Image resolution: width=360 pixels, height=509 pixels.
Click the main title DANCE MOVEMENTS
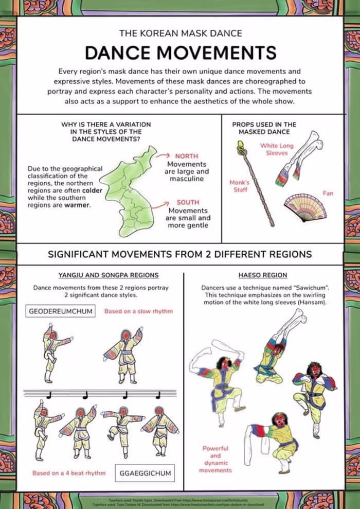click(181, 52)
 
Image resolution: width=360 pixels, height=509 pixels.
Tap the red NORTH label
click(186, 156)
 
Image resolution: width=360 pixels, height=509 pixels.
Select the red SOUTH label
click(188, 202)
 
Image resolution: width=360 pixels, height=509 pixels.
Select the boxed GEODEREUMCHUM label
click(60, 311)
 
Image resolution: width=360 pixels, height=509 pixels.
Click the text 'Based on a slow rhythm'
click(138, 311)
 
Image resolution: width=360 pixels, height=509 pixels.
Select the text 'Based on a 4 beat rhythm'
click(69, 472)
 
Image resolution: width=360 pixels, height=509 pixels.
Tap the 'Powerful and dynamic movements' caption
click(215, 459)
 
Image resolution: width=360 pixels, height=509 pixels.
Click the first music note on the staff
click(49, 395)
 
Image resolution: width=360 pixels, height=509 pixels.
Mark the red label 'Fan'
click(328, 193)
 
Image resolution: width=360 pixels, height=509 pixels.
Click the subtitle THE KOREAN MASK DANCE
click(181, 33)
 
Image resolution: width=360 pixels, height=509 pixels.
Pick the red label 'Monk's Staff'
click(239, 186)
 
